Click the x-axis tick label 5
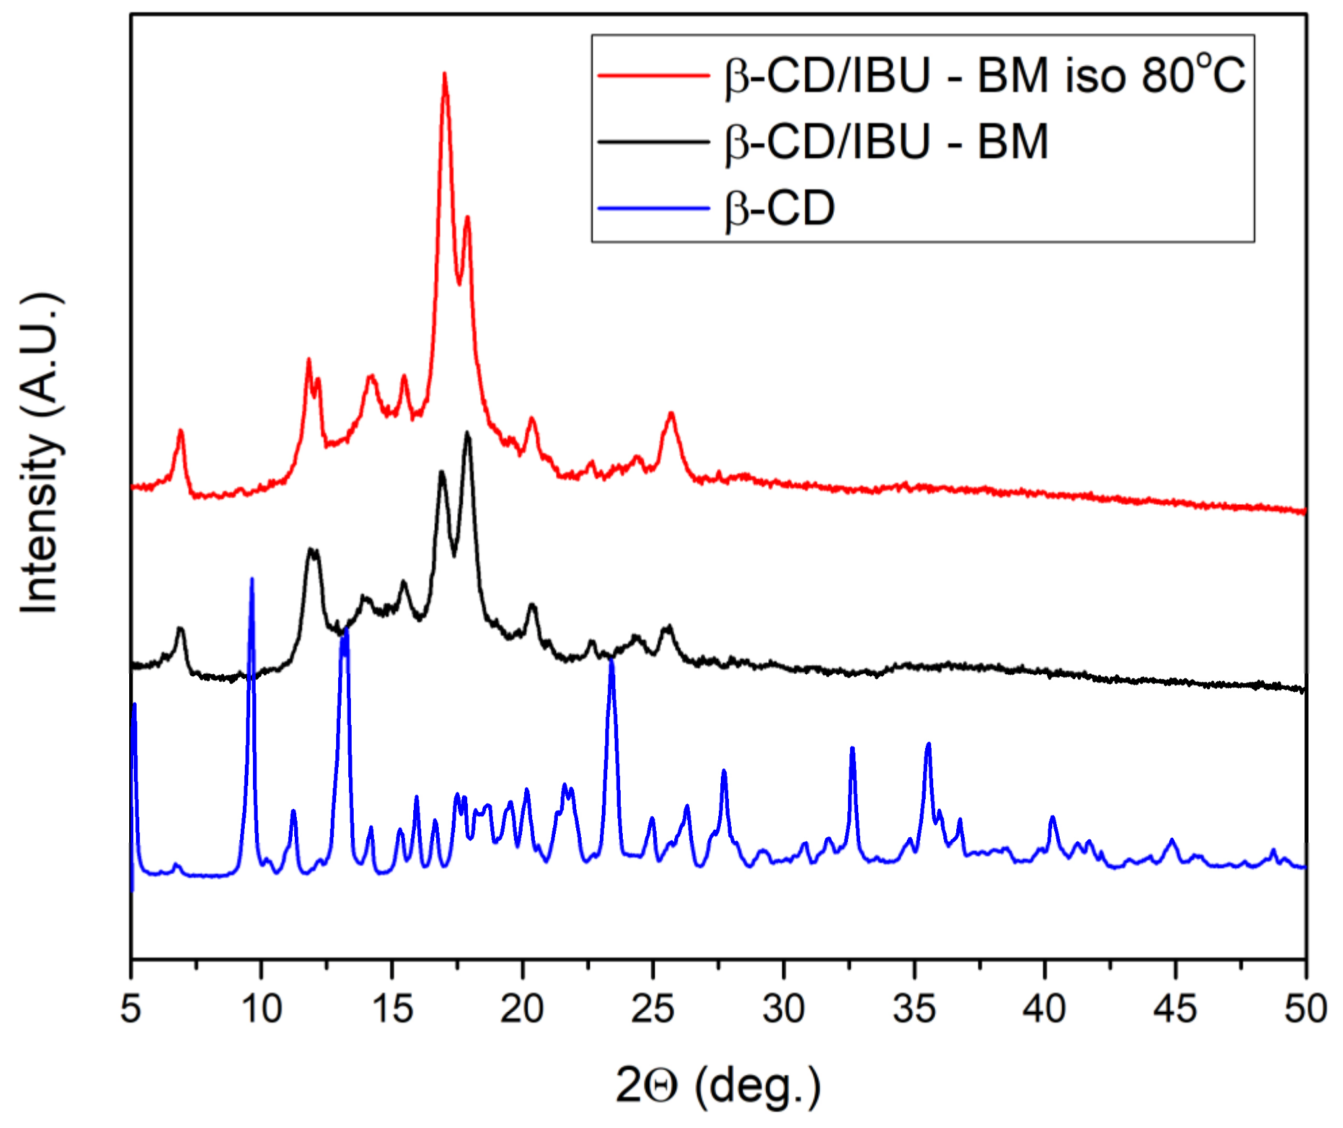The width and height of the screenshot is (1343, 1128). point(131,1010)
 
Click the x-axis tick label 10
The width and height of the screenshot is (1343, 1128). point(261,1010)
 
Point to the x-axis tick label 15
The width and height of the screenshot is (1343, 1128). point(392,1010)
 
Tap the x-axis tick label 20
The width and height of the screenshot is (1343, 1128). point(522,1010)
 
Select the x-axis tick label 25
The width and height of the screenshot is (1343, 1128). point(653,1010)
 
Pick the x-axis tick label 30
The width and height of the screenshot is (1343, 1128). point(783,1010)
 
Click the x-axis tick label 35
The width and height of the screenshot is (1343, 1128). point(914,1010)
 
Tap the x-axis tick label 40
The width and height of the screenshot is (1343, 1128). point(1045,1010)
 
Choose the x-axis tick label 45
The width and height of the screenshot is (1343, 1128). point(1175,1010)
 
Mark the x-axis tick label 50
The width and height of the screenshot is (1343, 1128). point(1306,1010)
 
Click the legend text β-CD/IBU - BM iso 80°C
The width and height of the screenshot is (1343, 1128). point(985,74)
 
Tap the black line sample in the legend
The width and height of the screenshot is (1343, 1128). point(653,142)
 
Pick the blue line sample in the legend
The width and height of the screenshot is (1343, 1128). point(653,208)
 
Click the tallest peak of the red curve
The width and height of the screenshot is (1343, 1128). point(444,74)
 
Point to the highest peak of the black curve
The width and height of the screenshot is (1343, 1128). point(467,433)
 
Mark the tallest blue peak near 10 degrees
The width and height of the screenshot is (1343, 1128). point(252,580)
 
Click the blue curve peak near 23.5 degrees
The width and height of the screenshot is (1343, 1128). point(611,659)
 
